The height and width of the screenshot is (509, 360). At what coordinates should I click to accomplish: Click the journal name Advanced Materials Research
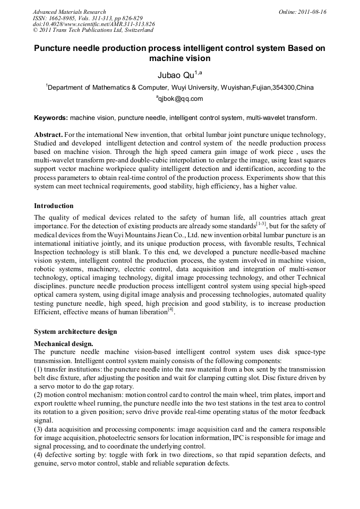coord(69,12)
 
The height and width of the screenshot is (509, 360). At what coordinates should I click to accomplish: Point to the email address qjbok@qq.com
coord(180,99)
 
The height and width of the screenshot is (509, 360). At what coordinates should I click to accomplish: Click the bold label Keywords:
coord(51,117)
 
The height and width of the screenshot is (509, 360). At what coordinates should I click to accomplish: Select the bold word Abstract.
coord(49,135)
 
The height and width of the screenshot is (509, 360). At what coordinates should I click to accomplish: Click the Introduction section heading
coord(54,205)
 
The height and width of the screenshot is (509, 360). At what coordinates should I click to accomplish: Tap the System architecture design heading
coord(75,332)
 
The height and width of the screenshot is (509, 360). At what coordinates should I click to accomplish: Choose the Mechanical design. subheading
coord(63,343)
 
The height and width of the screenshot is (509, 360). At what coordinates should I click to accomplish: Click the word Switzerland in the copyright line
coord(136,30)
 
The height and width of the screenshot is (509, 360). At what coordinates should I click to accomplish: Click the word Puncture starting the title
coord(55,48)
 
